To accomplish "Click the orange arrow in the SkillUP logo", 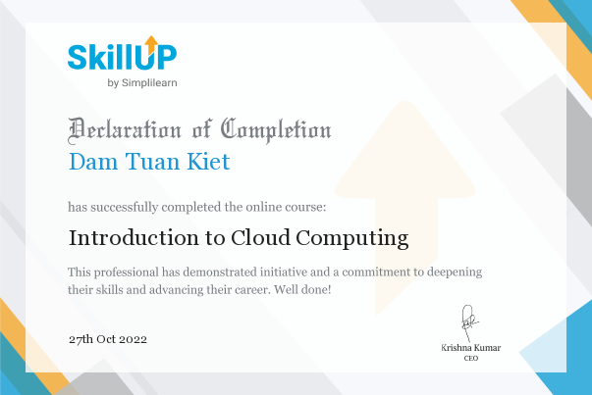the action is tap(151, 44).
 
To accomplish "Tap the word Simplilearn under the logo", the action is tap(149, 83).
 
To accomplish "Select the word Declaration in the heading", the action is tap(125, 130).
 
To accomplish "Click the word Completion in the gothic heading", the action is tap(276, 130).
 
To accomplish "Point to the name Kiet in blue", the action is tap(208, 162).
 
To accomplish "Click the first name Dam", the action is tap(93, 162).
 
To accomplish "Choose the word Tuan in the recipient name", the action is tap(152, 162).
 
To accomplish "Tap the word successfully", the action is tap(125, 207).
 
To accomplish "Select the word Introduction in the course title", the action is tap(134, 238).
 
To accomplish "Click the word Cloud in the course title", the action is tap(260, 238).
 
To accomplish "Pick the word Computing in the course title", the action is tap(352, 238).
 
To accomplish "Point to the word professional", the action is tap(127, 272).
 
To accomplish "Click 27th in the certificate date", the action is tap(81, 339).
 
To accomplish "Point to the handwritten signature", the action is tap(469, 322).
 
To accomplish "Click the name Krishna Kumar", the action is tap(471, 348).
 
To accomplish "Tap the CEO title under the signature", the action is tap(471, 358).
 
